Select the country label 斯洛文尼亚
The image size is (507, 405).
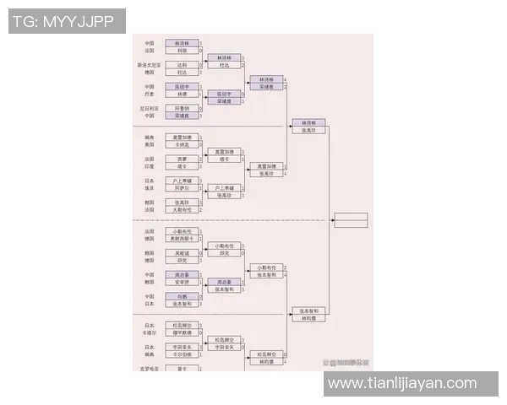pos(149,64)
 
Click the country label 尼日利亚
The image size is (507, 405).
pos(149,108)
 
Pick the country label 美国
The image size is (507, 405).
pos(149,144)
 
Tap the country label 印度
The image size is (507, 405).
pos(149,166)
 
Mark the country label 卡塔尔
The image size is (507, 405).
pos(149,332)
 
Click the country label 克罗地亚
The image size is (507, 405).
pos(149,368)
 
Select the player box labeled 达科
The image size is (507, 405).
pos(183,64)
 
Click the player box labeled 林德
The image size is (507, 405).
pos(183,94)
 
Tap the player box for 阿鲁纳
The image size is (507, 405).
pos(183,108)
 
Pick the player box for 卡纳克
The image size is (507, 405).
pos(183,144)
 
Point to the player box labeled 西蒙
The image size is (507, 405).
pos(183,159)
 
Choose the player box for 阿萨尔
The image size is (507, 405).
pos(183,188)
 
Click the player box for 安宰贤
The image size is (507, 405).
pos(183,282)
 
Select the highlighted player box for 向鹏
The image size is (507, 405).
pos(183,296)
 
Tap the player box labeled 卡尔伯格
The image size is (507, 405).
pos(183,354)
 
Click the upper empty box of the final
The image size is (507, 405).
pos(351,217)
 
